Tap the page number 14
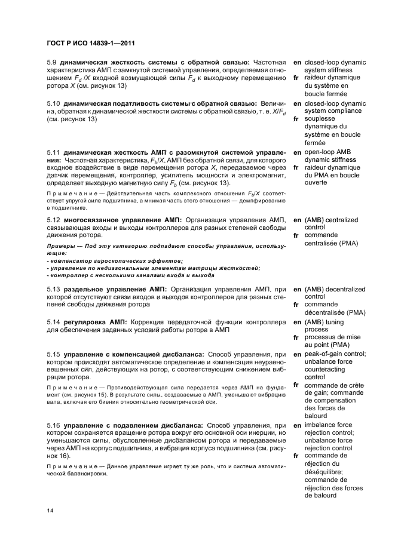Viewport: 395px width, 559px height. click(50, 511)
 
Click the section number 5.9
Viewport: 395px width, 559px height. click(53, 62)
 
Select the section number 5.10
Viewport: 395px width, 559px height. click(54, 103)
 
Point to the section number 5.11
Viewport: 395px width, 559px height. click(54, 152)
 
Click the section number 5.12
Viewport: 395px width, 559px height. click(54, 220)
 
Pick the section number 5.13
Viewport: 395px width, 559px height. click(54, 289)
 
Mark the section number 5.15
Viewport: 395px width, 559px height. click(54, 354)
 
